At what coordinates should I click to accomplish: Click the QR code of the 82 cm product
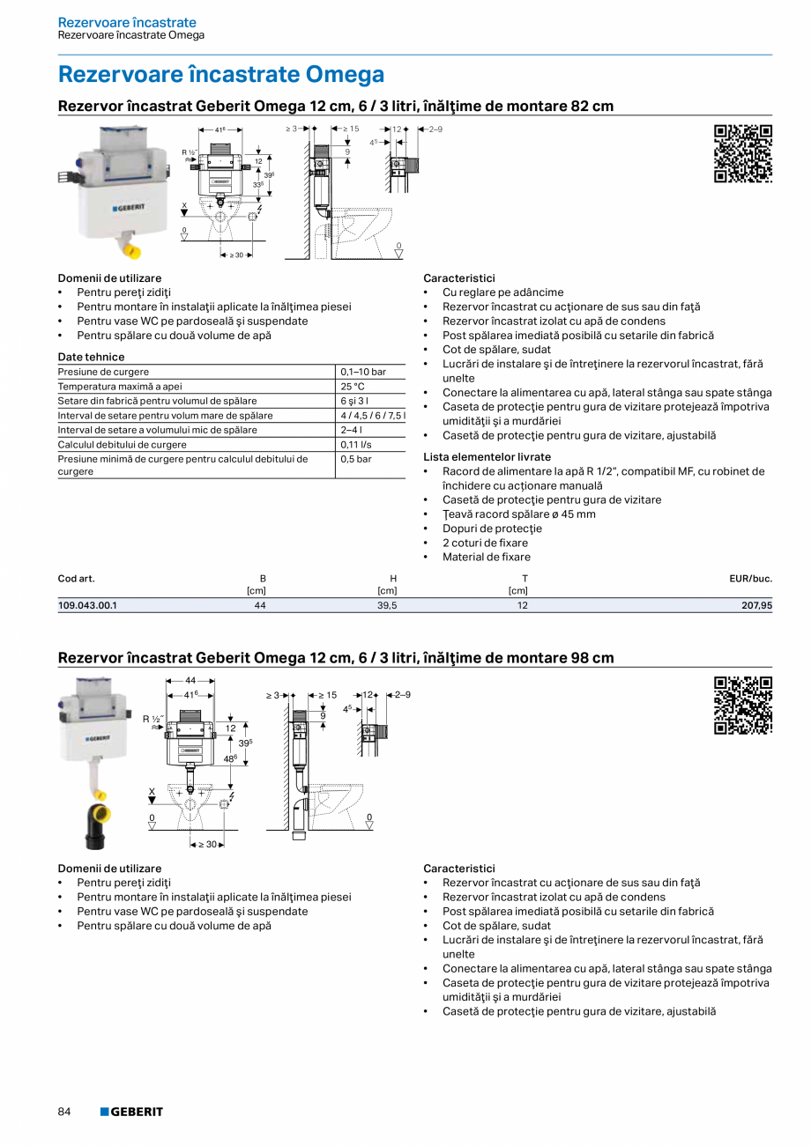tap(742, 154)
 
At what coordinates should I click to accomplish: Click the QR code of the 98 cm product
tap(742, 706)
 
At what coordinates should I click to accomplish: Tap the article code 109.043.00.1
tap(87, 606)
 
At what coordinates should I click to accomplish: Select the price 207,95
tap(756, 606)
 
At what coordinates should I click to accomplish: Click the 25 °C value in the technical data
tap(353, 387)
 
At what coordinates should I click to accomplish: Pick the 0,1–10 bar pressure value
tap(363, 372)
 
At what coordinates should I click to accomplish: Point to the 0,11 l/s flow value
tap(356, 445)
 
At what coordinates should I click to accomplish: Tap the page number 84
tap(64, 1112)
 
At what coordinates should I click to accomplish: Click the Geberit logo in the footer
tap(131, 1112)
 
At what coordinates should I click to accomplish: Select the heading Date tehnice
tap(91, 357)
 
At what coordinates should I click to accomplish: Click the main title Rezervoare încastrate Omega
tap(220, 74)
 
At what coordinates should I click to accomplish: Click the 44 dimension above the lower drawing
tap(191, 681)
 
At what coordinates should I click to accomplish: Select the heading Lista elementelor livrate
tap(487, 457)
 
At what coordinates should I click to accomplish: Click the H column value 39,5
tap(387, 606)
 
